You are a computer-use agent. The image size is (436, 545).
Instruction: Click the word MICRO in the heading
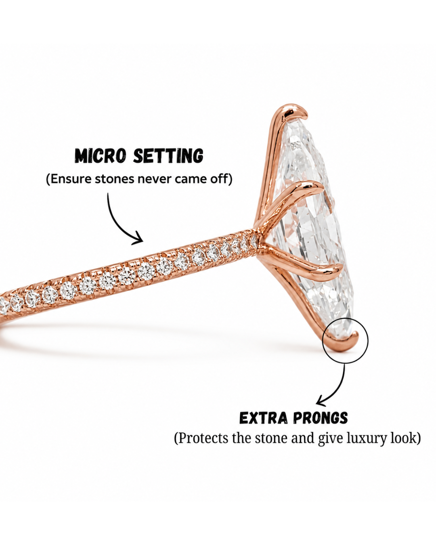[x=100, y=156]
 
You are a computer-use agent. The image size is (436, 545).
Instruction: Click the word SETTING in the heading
[x=168, y=156]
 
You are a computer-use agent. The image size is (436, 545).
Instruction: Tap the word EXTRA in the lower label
[x=263, y=418]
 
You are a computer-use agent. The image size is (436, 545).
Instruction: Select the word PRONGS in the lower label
[x=321, y=418]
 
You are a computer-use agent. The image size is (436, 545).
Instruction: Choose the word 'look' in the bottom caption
[x=405, y=438]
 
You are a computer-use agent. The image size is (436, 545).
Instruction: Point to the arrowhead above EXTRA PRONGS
[x=322, y=402]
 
